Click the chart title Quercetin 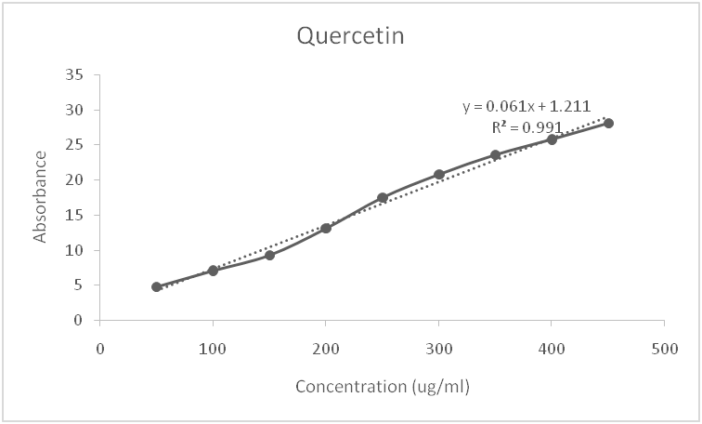coord(350,38)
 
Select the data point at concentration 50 coord(157,287)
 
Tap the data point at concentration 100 coord(214,271)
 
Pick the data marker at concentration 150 coord(269,255)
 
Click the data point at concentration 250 coord(383,198)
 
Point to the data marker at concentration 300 coord(439,175)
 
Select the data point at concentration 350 coord(496,155)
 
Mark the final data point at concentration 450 coord(608,123)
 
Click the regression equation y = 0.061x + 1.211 coord(527,107)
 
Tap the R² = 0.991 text coord(527,127)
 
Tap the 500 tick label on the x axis coord(664,348)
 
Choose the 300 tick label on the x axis coord(439,348)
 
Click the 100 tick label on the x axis coord(214,348)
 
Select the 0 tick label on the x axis coord(100,348)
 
